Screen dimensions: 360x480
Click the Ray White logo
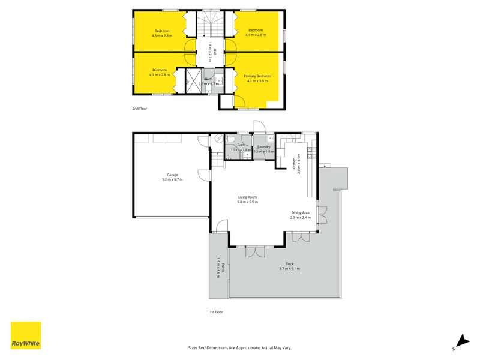tap(26, 335)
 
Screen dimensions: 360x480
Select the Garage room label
tap(172, 175)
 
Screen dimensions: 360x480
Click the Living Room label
tap(247, 197)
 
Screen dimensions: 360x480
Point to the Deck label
tap(289, 263)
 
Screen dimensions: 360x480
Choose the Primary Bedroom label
tap(257, 76)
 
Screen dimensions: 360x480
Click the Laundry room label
tap(264, 146)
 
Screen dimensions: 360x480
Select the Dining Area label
tap(300, 213)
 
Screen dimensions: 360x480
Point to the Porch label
tap(223, 268)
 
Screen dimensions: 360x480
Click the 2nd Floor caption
tap(139, 109)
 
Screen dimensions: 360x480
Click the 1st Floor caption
tap(216, 312)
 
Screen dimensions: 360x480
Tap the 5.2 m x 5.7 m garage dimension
tap(172, 179)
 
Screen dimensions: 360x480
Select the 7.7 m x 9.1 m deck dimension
tap(289, 268)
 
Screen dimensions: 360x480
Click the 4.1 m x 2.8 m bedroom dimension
tap(256, 35)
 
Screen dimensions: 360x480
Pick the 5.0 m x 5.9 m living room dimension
tap(247, 202)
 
